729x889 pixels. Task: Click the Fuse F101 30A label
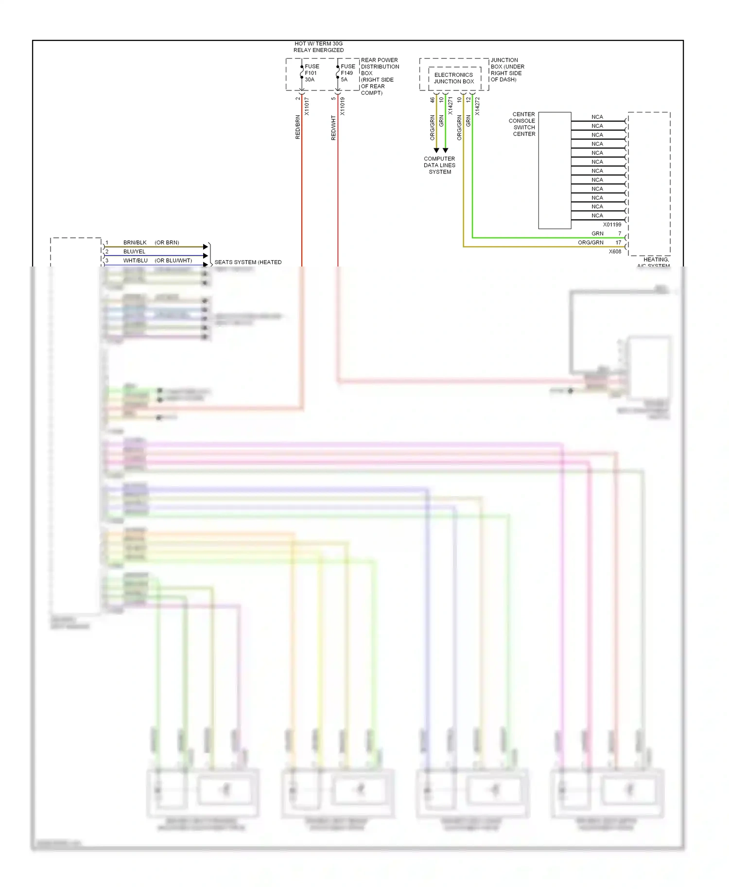[x=312, y=73]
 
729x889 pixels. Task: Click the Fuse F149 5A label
[x=347, y=73]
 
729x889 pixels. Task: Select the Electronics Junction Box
[x=454, y=78]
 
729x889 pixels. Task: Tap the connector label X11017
[x=307, y=107]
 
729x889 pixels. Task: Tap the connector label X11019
[x=343, y=107]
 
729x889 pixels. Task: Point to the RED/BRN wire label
[x=298, y=127]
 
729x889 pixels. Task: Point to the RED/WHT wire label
[x=333, y=128]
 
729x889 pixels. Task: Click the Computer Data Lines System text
[x=439, y=165]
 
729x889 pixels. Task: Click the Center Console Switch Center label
[x=522, y=124]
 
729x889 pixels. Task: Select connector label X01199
[x=612, y=225]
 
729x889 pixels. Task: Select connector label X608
[x=615, y=251]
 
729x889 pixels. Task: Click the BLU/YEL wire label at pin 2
[x=134, y=251]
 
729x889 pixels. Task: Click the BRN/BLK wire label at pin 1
[x=135, y=242]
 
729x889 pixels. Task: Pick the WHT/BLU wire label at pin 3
[x=135, y=261]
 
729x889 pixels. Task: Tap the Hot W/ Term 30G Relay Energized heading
[x=318, y=47]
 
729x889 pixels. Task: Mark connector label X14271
[x=451, y=106]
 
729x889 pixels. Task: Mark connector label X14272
[x=478, y=106]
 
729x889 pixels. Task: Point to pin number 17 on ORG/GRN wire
[x=618, y=242]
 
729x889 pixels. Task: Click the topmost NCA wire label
[x=597, y=117]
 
